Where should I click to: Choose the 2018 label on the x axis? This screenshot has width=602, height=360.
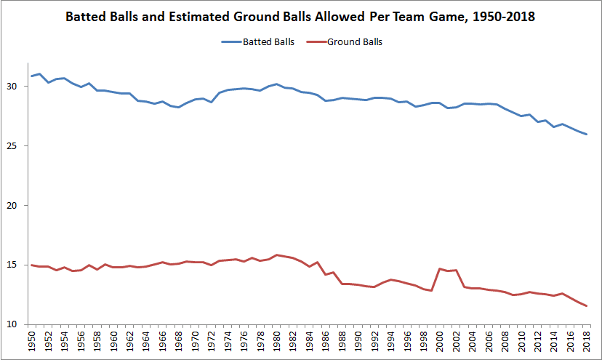click(586, 343)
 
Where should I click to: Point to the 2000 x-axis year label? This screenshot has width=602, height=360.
click(439, 343)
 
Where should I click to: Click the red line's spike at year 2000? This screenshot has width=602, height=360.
click(439, 269)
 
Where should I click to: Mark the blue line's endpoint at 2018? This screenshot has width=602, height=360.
click(586, 135)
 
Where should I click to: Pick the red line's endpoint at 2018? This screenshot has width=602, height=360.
click(586, 305)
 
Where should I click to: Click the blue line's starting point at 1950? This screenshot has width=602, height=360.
click(31, 76)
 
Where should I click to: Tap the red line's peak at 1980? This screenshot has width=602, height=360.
click(276, 255)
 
